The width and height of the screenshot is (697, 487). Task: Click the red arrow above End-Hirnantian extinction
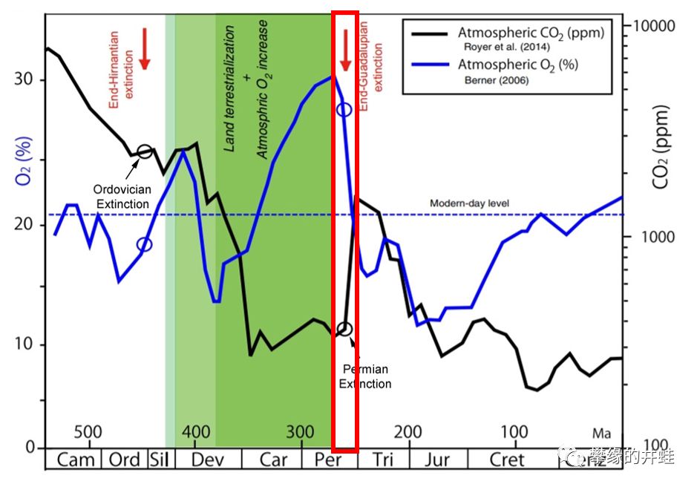coord(145,49)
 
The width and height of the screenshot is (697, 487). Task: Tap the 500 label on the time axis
coord(88,432)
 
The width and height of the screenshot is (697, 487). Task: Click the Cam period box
coord(76,460)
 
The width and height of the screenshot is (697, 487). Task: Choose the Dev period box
coord(207,460)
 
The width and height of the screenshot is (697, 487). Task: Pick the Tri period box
coord(383,460)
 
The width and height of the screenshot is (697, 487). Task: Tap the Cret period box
coord(506,460)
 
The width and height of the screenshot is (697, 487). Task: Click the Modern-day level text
coord(469,203)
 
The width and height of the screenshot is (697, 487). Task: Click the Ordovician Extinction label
coord(122,196)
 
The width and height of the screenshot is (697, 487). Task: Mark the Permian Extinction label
coord(365,376)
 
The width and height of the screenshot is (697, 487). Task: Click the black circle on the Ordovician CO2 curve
coord(145,151)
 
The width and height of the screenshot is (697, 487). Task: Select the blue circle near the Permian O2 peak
coord(344,109)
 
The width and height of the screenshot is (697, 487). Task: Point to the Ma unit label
coord(601,432)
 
